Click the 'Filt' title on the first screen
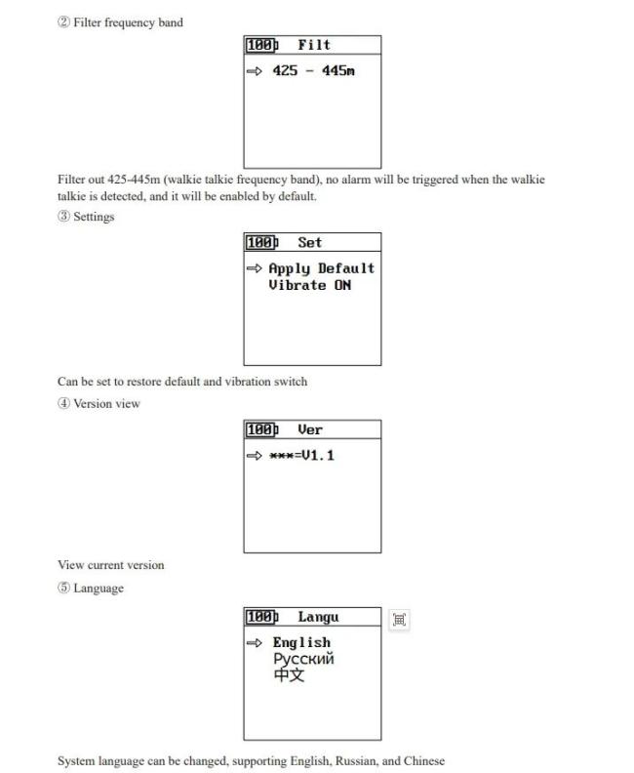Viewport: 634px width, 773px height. (314, 45)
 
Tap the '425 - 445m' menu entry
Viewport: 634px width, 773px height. (313, 71)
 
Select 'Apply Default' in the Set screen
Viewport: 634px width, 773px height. (321, 268)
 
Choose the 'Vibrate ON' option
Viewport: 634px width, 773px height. (310, 285)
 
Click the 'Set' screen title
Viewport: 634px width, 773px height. (309, 243)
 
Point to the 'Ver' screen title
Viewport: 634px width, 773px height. (310, 429)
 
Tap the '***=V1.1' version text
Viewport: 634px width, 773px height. (301, 456)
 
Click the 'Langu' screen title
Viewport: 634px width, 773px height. (318, 617)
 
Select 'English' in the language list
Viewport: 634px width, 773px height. (301, 643)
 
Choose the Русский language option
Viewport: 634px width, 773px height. (303, 659)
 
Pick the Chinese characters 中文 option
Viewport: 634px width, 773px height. (289, 674)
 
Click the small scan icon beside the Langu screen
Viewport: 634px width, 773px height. (400, 620)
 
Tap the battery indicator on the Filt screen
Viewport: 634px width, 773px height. (262, 45)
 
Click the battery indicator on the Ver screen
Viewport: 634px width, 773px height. (262, 429)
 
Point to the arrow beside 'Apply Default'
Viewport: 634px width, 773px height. (255, 268)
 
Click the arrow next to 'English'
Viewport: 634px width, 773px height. (255, 643)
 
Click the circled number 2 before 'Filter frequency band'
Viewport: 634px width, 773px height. (63, 22)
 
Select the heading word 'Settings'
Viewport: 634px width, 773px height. (94, 217)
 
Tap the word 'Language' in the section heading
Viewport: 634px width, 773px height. (99, 589)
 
